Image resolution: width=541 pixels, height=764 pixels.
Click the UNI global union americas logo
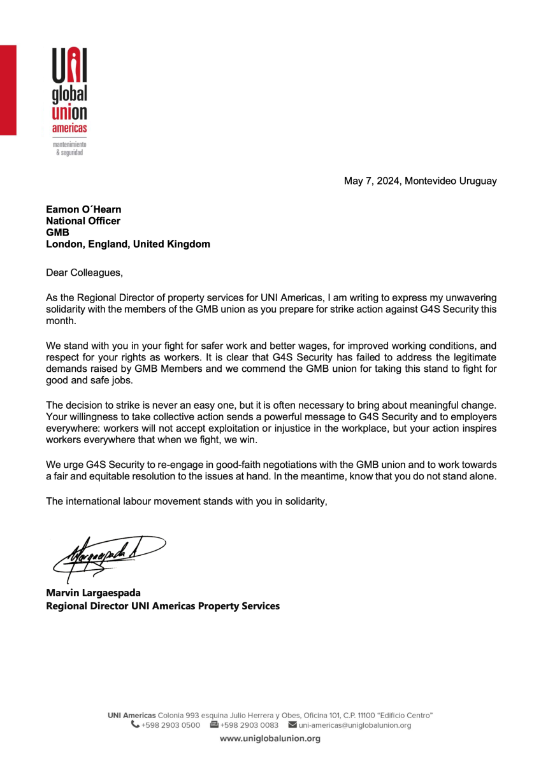pos(69,95)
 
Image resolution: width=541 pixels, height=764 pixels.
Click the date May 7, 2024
pos(371,181)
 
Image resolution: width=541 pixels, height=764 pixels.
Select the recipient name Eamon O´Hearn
pos(83,209)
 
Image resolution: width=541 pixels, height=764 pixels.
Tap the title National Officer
pos(83,221)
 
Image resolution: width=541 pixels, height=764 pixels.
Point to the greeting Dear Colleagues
pos(83,273)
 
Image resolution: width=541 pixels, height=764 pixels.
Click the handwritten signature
pos(108,552)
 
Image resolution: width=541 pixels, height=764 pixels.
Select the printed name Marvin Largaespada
pos(93,593)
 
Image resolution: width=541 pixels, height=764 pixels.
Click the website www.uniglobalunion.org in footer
pos(270,739)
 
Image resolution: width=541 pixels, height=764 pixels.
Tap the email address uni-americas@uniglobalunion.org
pos(354,725)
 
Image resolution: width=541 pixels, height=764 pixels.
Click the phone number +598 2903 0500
pos(171,725)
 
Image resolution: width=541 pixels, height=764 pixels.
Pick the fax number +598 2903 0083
pos(249,725)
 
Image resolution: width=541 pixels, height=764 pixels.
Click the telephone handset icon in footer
pos(135,725)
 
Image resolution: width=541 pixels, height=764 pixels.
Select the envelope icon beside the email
pos(292,725)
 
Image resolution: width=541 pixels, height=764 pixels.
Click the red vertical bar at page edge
pos(8,89)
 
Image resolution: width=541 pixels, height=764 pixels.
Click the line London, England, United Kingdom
pos(127,244)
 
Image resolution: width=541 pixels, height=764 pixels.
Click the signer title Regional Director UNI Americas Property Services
pos(162,606)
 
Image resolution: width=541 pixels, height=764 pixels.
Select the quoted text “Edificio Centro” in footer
pos(404,715)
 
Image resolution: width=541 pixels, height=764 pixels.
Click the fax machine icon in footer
pos(214,725)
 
